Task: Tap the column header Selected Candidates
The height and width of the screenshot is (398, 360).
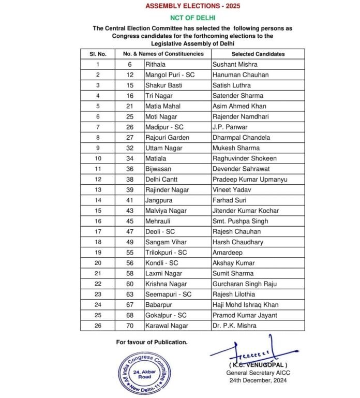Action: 258,54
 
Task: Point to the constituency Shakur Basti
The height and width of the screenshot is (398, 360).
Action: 164,85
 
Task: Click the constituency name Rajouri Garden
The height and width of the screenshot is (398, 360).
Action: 167,137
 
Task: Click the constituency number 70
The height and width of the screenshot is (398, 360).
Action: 131,326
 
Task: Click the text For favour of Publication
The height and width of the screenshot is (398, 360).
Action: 152,342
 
